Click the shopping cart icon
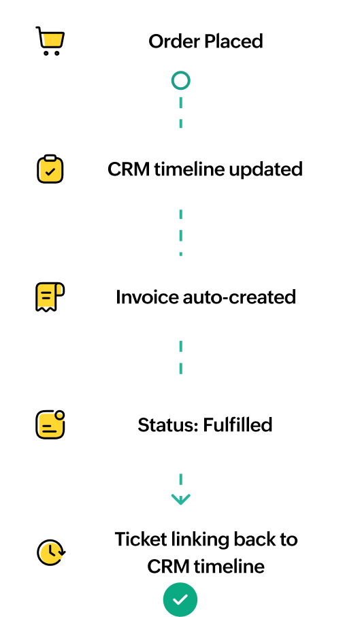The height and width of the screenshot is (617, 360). pos(50,41)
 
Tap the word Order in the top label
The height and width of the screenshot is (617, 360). pos(174,41)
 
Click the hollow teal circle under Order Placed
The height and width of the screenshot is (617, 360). pos(180,81)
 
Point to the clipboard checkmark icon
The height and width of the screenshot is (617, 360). pos(50,169)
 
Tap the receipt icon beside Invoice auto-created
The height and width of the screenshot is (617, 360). pos(50,297)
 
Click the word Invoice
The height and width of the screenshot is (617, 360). pos(147,297)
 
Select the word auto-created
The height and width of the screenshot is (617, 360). pos(240,297)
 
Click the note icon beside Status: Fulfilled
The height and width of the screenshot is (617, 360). pos(50,424)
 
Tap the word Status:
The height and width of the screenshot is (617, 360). pos(168,425)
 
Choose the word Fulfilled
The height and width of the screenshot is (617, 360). pos(238,425)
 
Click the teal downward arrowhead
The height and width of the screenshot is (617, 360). pos(180,499)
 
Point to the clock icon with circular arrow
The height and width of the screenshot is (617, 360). pos(51,552)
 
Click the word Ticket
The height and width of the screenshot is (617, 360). pos(140,539)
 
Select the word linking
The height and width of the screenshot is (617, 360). pos(200,540)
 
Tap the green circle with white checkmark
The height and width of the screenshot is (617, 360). pos(180,600)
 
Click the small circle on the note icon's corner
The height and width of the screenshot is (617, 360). pos(59,415)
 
